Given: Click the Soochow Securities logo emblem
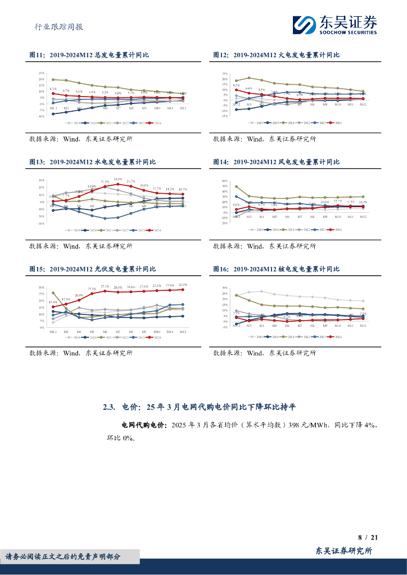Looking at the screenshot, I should click(305, 25).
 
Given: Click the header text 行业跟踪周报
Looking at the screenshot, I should click(56, 26).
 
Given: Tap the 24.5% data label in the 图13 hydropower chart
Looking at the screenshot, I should click(118, 179).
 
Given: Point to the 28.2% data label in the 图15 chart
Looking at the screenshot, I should click(183, 285).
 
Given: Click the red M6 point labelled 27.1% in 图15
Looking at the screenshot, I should click(105, 291).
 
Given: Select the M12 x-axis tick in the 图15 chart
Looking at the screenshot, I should click(183, 332).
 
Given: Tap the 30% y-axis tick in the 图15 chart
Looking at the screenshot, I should click(42, 287).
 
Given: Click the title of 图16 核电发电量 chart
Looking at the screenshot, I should click(276, 269).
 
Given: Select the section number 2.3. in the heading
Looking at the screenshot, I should click(110, 407).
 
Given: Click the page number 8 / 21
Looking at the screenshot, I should click(368, 537).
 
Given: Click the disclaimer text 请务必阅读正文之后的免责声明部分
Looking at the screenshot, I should click(62, 556).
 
